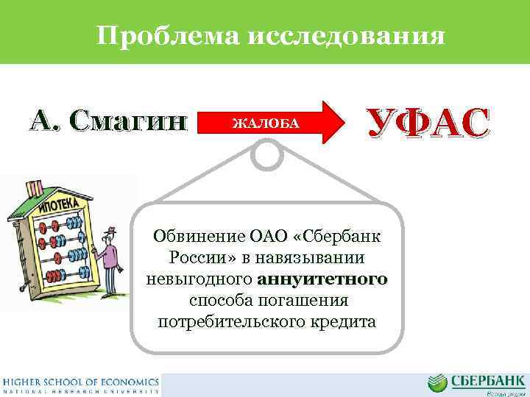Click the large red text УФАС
(427, 123)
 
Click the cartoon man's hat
(108, 232)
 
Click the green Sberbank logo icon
(437, 382)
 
